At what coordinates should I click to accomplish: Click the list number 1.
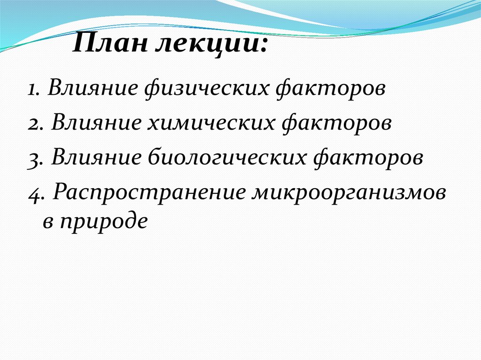pyautogui.click(x=31, y=89)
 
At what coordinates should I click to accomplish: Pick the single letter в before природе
pyautogui.click(x=47, y=221)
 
